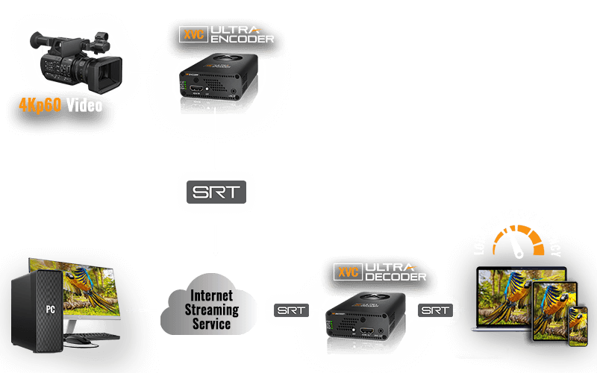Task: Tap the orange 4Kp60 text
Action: (40, 105)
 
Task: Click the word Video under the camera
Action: (84, 105)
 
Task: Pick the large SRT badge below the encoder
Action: (215, 191)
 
